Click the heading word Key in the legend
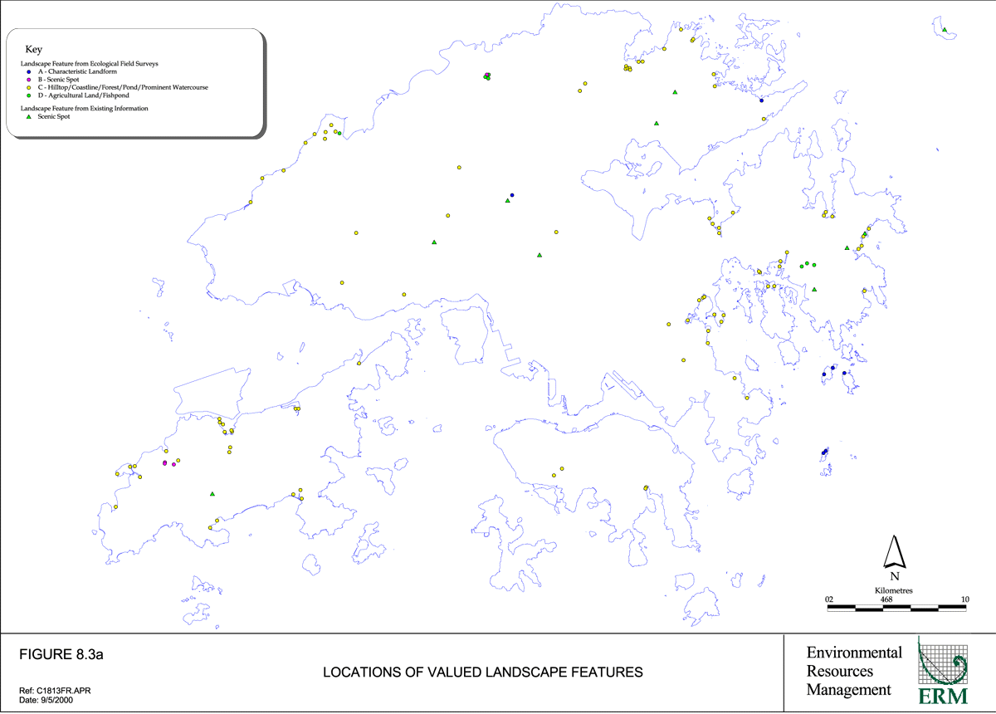click(34, 50)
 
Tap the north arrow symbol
click(894, 551)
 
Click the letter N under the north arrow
click(894, 576)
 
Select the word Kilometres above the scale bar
click(894, 589)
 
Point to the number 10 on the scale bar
click(965, 599)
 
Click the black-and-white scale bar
click(896, 608)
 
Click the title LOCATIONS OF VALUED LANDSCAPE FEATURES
click(482, 671)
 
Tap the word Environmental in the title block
click(854, 653)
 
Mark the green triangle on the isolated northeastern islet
click(945, 30)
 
